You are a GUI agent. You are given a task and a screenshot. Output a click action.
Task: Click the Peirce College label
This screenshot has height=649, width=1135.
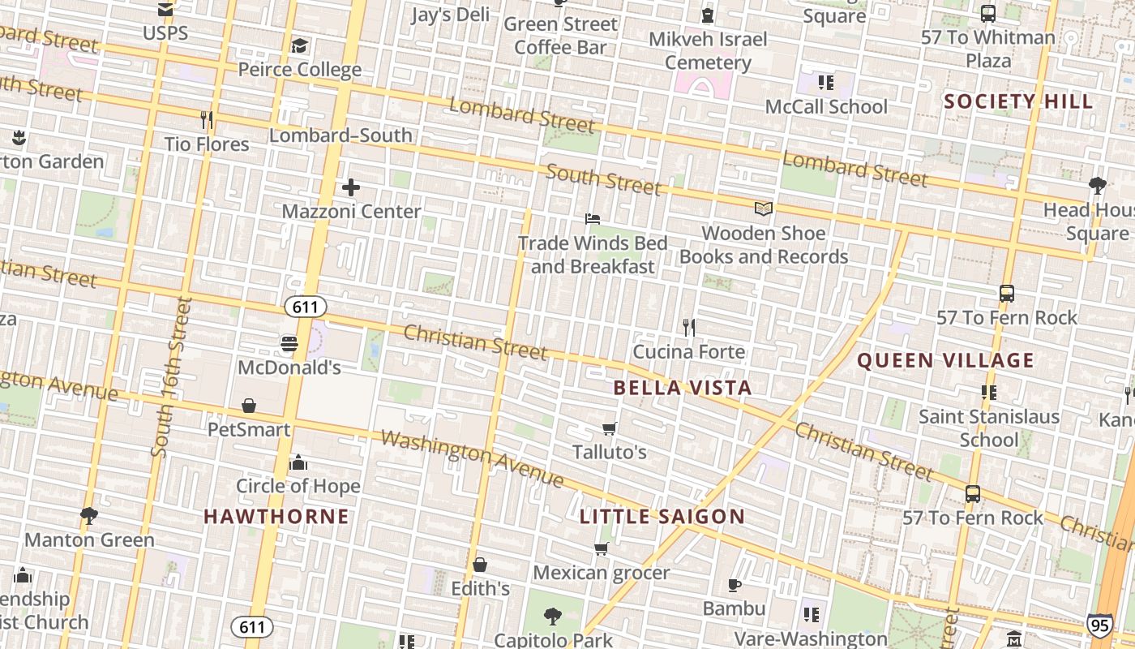click(x=299, y=69)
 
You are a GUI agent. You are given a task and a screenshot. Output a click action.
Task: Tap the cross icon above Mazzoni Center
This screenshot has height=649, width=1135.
click(x=350, y=188)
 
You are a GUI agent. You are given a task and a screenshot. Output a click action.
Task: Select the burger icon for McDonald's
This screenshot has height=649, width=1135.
click(x=289, y=344)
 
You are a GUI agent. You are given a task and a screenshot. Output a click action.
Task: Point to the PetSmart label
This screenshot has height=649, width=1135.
click(x=249, y=428)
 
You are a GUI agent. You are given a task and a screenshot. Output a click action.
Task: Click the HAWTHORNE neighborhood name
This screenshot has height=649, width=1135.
click(x=276, y=516)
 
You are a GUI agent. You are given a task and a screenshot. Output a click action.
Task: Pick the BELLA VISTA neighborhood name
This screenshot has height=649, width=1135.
click(x=683, y=388)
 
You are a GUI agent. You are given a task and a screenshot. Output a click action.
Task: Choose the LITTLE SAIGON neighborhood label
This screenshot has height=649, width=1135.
click(x=662, y=517)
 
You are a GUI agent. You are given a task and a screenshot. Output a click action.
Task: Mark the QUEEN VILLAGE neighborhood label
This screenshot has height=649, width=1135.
click(x=945, y=360)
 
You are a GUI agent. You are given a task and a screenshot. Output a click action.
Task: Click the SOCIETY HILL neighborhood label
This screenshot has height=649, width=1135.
click(x=1019, y=101)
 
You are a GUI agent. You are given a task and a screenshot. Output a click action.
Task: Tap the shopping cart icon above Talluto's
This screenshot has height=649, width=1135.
click(x=610, y=428)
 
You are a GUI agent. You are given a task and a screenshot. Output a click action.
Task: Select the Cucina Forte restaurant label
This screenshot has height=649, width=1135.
click(x=688, y=351)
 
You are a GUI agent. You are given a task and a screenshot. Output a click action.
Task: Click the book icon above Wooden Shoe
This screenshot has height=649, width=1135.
click(x=763, y=209)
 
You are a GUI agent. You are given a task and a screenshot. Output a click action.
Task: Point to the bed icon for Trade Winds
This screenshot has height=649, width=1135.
click(x=593, y=219)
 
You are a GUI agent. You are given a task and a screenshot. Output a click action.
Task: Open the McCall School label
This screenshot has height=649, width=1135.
click(x=826, y=106)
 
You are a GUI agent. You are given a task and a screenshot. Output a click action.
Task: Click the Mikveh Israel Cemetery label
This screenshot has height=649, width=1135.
click(x=708, y=50)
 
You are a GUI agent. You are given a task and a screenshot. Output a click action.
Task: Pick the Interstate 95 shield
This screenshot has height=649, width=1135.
click(x=1099, y=625)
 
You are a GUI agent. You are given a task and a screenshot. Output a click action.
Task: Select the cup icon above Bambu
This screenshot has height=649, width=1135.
click(x=734, y=585)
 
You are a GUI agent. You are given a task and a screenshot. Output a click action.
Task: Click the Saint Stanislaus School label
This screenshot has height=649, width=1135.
click(x=988, y=428)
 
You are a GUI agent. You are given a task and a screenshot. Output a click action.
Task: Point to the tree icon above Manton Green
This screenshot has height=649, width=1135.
click(x=89, y=516)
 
